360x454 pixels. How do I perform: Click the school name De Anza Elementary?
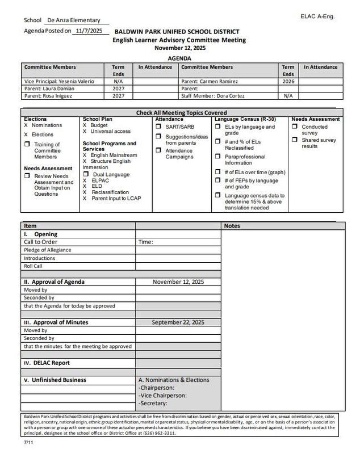(74, 20)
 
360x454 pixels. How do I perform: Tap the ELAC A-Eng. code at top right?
(317, 16)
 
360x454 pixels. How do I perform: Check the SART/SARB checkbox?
(160, 127)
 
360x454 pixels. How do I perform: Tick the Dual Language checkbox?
(86, 175)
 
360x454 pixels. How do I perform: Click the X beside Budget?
(85, 125)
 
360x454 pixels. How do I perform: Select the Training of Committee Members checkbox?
(27, 145)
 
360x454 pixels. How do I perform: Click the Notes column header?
(232, 225)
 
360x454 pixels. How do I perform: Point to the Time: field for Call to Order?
(146, 242)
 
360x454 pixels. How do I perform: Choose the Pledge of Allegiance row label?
(48, 250)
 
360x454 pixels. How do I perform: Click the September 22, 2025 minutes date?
(178, 322)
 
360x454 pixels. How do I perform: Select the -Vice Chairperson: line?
(163, 396)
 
